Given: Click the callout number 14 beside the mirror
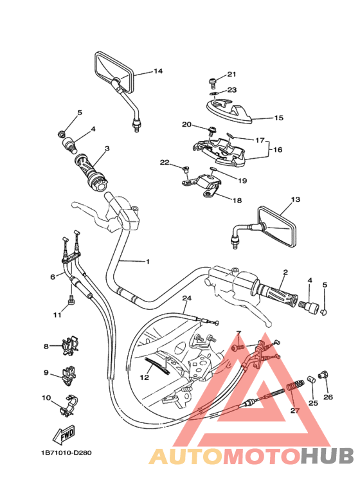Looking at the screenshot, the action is (157, 71).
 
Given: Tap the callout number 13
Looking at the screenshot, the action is (295, 200).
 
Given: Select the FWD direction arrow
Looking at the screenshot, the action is (64, 434).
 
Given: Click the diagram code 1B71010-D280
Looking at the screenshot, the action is (66, 453).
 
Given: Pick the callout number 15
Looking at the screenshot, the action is (278, 118).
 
